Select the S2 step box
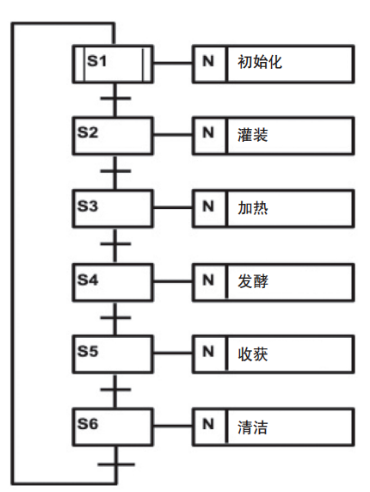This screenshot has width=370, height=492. click(x=113, y=136)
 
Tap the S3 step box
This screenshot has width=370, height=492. click(x=113, y=208)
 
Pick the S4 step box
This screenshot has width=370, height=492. click(x=113, y=281)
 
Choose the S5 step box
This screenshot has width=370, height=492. click(x=113, y=354)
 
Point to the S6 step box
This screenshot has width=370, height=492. click(x=113, y=427)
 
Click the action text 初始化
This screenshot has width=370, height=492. click(x=260, y=63)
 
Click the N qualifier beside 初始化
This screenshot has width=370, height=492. click(x=208, y=63)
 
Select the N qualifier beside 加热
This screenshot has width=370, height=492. click(x=208, y=208)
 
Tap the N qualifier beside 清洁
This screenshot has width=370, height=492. click(x=208, y=426)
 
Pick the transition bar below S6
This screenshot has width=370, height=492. click(x=114, y=465)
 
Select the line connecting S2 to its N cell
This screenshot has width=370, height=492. click(x=173, y=136)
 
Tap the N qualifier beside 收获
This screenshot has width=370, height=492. click(x=208, y=354)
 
